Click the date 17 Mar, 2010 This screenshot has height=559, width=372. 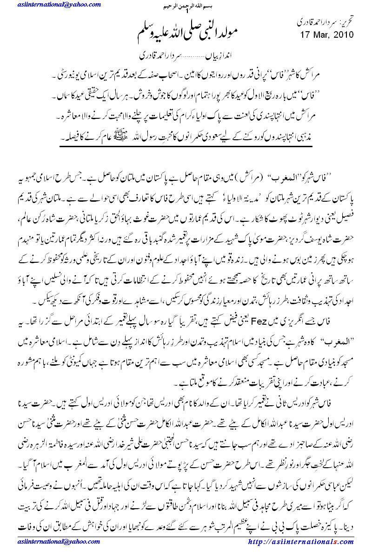pyautogui.click(x=326, y=34)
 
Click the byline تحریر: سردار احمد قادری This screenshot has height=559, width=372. pyautogui.click(x=326, y=22)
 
